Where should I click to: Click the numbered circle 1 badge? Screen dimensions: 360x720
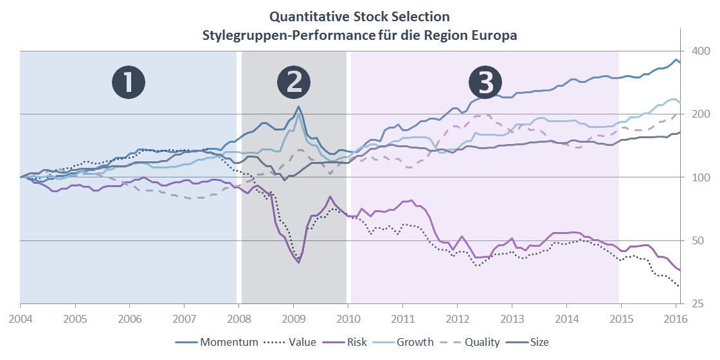coord(129,83)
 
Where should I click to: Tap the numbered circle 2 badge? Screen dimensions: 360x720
coord(294,83)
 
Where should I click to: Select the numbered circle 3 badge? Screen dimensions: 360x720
coord(485,83)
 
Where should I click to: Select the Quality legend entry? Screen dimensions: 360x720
coord(482,342)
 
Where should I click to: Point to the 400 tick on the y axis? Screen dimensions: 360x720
coord(699,51)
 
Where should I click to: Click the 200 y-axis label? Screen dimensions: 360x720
coord(699,114)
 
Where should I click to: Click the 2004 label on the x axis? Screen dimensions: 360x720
coord(21,318)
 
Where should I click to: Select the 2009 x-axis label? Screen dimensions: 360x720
coord(294,318)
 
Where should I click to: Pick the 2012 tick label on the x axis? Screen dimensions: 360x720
coord(458,318)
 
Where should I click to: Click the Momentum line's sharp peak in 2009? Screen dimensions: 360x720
coord(298,107)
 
